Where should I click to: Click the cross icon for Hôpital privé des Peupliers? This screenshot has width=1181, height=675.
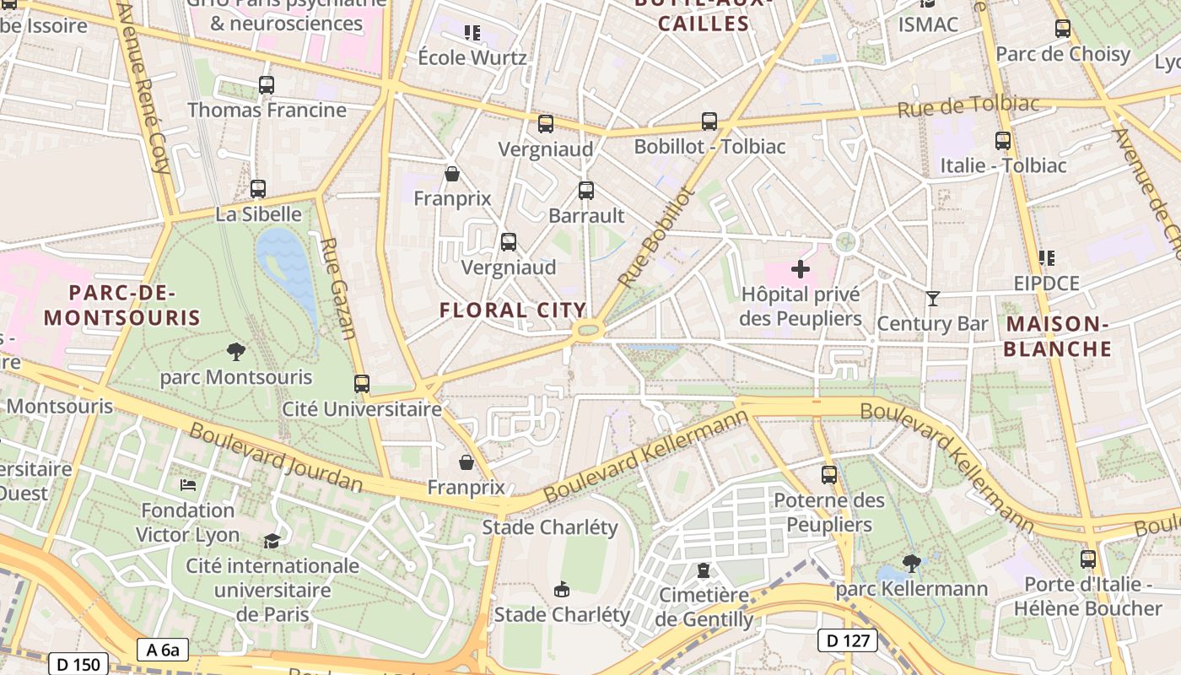[800, 270]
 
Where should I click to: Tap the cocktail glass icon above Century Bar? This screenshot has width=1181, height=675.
[932, 299]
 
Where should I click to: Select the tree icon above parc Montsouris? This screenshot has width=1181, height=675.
[236, 351]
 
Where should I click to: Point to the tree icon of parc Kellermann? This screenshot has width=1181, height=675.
[911, 563]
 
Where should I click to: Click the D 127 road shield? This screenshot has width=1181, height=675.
[848, 640]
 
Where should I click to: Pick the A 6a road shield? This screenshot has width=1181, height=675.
[162, 649]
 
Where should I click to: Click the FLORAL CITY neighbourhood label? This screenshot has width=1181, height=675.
[513, 310]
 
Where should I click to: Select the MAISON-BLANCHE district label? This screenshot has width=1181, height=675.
[1058, 336]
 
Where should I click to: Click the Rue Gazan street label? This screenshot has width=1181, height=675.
[337, 288]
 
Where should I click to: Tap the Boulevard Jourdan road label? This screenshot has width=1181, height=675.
[276, 457]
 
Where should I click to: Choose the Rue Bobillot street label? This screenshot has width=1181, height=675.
[655, 237]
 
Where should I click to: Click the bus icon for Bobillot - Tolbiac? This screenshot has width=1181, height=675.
[709, 121]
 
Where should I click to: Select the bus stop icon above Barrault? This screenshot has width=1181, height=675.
[586, 191]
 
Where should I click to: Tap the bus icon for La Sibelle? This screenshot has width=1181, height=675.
[258, 189]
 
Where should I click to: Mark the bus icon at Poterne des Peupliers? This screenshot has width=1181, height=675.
[829, 475]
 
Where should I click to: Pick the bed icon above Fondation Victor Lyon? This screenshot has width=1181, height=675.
[187, 485]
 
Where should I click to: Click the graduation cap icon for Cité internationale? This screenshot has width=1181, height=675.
[272, 541]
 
